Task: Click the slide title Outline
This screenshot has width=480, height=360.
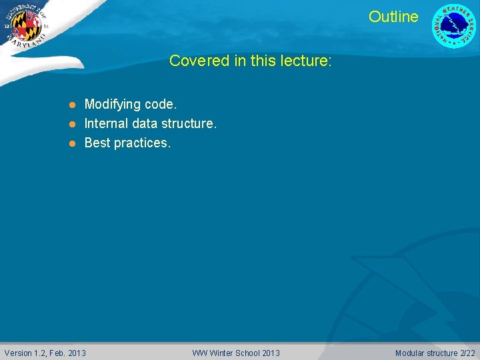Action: (393, 17)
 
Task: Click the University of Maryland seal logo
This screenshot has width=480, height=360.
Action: (26, 26)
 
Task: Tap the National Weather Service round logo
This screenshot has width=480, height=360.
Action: (454, 26)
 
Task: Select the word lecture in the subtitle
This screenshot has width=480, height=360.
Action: (305, 61)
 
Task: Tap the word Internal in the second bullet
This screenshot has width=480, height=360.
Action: (107, 123)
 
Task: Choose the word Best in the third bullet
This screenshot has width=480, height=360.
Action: (97, 143)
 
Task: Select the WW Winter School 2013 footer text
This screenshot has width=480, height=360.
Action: (236, 353)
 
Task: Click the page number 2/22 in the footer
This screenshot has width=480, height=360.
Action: (469, 353)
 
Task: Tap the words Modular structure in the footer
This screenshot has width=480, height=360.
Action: (427, 353)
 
